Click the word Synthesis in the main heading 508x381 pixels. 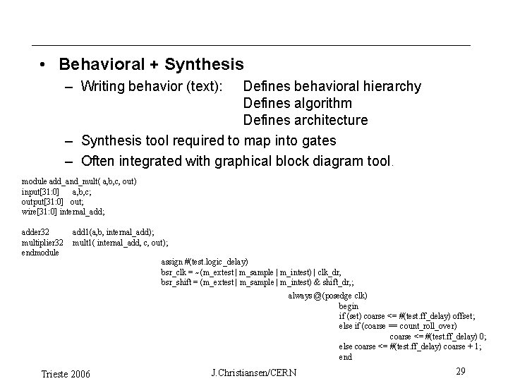pos(204,65)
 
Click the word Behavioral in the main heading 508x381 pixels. pos(99,65)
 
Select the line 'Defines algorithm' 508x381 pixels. pos(297,104)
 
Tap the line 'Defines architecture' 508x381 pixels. pos(306,121)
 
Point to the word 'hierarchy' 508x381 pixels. pos(390,87)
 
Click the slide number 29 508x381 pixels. pos(460,371)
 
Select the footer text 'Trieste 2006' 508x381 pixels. pos(66,373)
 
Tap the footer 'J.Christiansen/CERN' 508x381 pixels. pos(254,372)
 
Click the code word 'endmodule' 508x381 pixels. pos(40,252)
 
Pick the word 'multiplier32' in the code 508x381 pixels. pos(43,242)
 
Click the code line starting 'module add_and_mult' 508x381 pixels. pos(79,181)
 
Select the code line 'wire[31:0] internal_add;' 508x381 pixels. pos(64,211)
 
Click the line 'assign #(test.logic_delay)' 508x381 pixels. pos(205,262)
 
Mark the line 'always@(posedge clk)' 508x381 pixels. pos(327,296)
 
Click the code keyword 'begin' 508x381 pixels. pos(349,306)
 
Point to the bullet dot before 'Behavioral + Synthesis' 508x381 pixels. pos(44,65)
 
